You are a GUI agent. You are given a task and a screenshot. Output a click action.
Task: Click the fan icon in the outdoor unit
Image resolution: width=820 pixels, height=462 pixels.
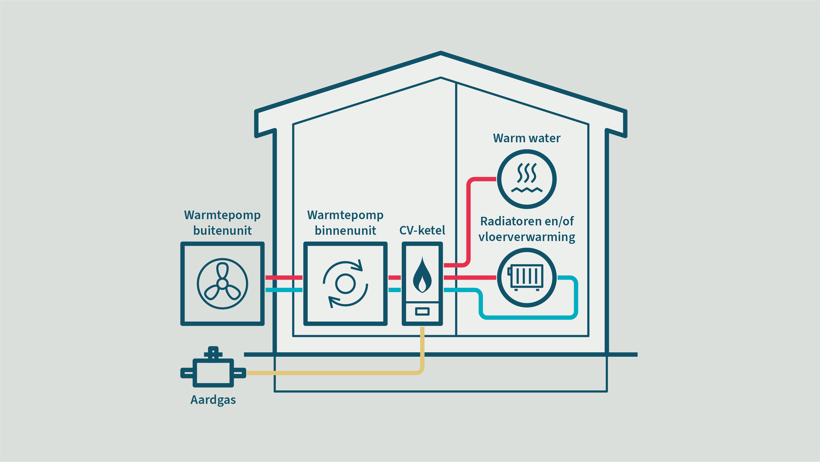[222, 284]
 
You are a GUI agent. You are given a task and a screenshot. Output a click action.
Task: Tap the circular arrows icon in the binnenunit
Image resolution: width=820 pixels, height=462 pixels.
[345, 284]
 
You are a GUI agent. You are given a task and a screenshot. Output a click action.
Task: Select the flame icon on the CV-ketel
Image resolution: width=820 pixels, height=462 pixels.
[422, 276]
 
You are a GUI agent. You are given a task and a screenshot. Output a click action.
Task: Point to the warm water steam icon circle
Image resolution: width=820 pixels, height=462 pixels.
[527, 179]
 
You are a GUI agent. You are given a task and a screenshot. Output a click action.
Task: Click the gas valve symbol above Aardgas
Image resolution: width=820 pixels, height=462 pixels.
[213, 369]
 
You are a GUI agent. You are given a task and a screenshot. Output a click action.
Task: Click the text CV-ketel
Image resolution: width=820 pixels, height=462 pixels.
[422, 230]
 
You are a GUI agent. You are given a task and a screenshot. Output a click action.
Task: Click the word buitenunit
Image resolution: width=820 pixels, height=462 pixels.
[222, 231]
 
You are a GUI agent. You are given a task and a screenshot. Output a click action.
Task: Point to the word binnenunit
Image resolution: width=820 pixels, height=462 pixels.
[345, 231]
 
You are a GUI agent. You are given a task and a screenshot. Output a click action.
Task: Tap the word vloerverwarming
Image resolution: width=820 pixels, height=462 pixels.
[527, 237]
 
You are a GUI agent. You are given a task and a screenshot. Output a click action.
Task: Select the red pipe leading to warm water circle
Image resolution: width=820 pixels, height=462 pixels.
[469, 223]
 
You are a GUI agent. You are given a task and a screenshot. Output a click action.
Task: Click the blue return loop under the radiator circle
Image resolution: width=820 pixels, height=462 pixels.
[528, 317]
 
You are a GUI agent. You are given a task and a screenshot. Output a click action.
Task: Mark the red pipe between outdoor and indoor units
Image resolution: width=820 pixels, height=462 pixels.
[284, 278]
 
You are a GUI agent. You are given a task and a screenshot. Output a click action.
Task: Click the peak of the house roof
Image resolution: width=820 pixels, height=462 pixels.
[440, 53]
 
